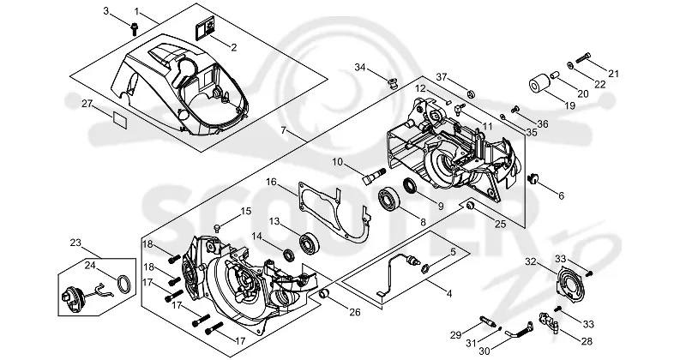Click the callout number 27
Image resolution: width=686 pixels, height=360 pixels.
tap(87, 104)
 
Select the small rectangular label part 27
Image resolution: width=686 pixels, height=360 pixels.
tap(120, 119)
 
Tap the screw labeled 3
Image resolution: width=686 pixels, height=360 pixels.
tap(135, 29)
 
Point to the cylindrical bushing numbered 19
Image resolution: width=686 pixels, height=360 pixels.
tap(538, 85)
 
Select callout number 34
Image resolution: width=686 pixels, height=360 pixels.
tap(360, 68)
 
